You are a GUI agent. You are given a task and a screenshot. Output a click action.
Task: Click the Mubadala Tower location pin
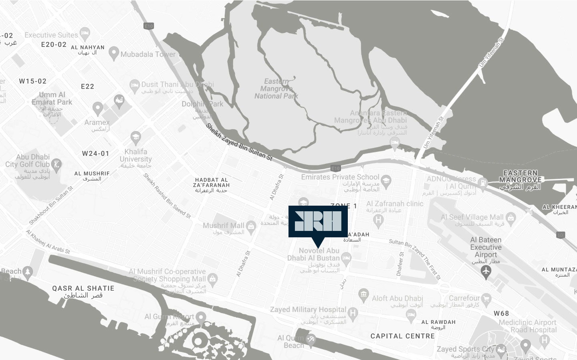click(x=114, y=52)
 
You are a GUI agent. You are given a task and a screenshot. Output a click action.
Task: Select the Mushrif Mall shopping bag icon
click(x=251, y=226)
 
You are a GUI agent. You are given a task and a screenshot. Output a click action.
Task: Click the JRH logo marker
click(x=318, y=222)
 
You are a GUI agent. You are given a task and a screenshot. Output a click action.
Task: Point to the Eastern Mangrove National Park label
click(x=276, y=89)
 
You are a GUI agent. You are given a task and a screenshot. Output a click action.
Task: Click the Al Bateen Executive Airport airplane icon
click(x=486, y=271)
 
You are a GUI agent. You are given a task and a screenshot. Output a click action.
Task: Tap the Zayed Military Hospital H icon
click(x=353, y=312)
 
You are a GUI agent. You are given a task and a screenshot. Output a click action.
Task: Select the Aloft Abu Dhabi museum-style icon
click(x=363, y=295)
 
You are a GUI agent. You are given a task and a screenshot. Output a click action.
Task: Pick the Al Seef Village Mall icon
click(x=510, y=218)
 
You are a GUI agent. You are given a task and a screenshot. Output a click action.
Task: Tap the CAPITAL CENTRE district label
click(x=402, y=336)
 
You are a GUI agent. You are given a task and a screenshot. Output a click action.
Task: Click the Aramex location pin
click(x=97, y=108)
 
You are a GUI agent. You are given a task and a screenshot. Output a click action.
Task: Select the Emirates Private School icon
click(x=385, y=180)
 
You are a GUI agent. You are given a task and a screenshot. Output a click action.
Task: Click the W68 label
click(x=501, y=313)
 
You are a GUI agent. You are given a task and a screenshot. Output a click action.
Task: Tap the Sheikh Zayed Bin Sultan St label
click(x=239, y=142)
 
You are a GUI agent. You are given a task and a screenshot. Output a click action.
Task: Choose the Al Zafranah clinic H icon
click(x=377, y=219)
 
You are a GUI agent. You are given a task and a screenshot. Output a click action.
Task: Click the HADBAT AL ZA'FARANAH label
click(x=211, y=182)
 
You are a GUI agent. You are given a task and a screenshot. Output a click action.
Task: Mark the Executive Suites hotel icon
click(x=84, y=33)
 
